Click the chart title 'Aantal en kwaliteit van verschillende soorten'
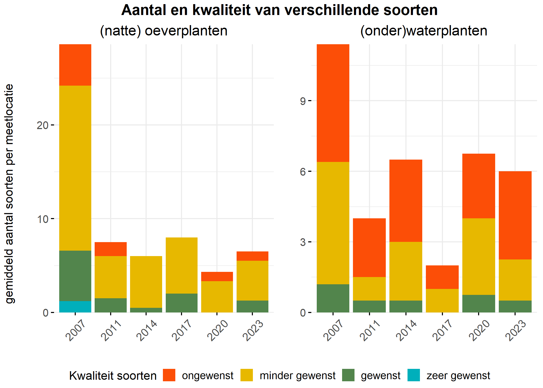[279, 10]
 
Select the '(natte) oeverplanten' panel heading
[163, 31]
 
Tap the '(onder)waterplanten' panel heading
[424, 31]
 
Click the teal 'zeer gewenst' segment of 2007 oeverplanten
[75, 307]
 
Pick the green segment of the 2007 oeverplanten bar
[75, 275]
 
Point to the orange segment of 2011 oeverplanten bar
[110, 249]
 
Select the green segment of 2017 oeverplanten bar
[181, 303]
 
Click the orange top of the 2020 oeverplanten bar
[217, 277]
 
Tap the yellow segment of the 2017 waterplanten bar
[442, 301]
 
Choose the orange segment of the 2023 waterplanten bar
[515, 215]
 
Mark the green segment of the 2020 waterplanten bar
[478, 304]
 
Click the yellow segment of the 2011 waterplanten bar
[369, 289]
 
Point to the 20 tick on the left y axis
[43, 125]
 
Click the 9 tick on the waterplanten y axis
[303, 101]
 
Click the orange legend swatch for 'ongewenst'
[169, 375]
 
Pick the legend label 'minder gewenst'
[297, 376]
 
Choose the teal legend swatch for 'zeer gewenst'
[413, 375]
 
